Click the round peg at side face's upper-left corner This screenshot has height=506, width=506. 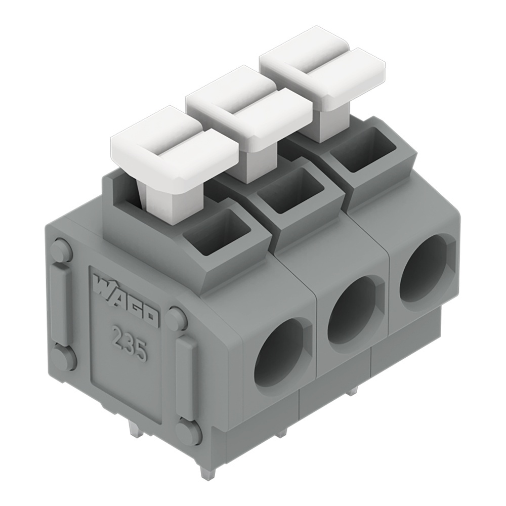(x=61, y=251)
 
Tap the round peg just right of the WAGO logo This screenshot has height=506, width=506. (x=177, y=319)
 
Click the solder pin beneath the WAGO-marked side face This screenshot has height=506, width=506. (x=135, y=430)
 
